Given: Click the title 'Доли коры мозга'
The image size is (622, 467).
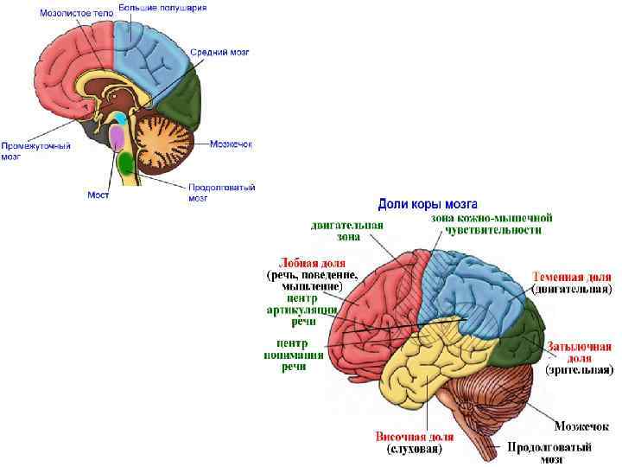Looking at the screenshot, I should (422, 204).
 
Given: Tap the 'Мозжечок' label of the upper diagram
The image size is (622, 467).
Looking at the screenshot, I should (231, 144).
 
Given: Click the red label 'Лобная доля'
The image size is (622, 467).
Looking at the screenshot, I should (312, 263).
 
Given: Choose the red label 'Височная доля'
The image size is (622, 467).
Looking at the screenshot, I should (415, 437).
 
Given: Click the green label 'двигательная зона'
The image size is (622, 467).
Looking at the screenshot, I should (346, 230).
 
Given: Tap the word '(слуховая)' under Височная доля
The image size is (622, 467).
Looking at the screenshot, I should (415, 450).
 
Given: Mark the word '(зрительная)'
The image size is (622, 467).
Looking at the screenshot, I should (580, 370).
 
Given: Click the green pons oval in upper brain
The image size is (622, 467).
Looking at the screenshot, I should (126, 162).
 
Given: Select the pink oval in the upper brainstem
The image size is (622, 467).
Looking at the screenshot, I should (117, 137).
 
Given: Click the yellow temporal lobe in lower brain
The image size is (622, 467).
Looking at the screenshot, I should (415, 372).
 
